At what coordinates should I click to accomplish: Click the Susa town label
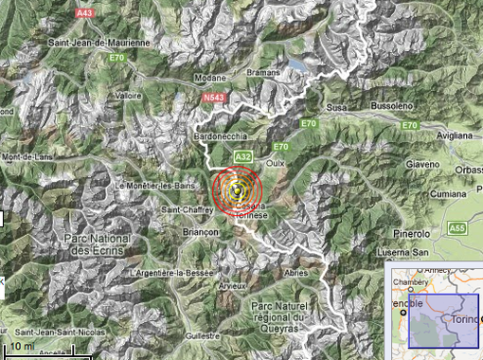(x=336, y=108)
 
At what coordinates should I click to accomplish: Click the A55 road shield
(x=457, y=228)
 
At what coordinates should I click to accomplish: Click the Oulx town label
(x=276, y=163)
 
